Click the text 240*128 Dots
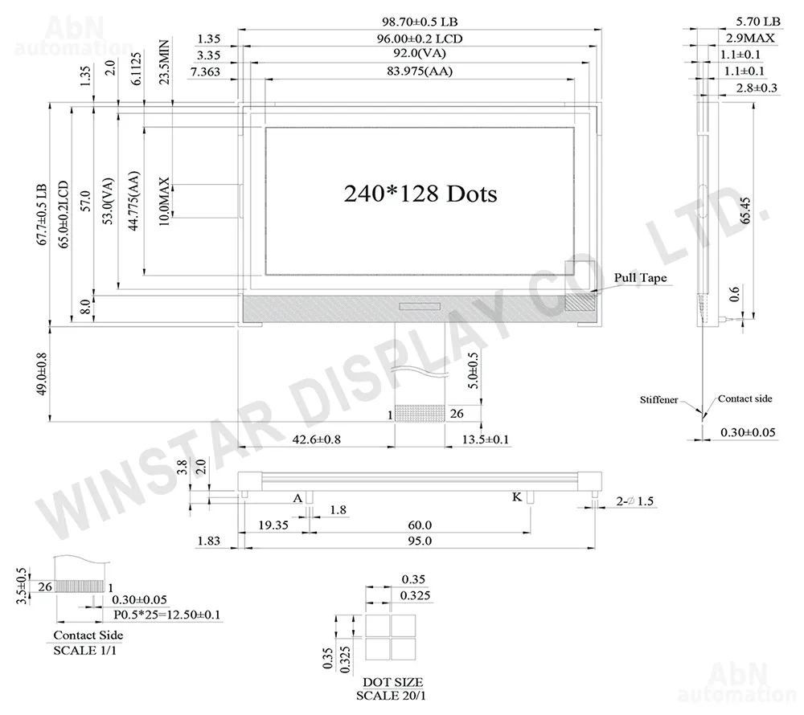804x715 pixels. pos(420,194)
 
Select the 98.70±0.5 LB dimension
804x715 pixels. pos(420,22)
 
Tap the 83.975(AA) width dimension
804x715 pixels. pos(420,71)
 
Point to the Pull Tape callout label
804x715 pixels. pos(641,278)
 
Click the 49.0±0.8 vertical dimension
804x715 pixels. pos(42,374)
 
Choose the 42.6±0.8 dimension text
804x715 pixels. pos(316,439)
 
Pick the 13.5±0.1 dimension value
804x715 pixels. pos(485,439)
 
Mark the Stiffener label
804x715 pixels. pos(658,399)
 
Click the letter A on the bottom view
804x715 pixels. pos(297,498)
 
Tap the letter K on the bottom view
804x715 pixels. pos(517,496)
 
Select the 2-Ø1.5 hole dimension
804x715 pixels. pos(635,501)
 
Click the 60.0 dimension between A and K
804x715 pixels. pos(420,525)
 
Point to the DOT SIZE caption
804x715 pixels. pos(392,682)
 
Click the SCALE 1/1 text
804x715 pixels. pos(84,650)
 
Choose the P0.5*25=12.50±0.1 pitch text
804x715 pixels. pos(166,614)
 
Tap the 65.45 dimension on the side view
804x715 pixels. pos(745,210)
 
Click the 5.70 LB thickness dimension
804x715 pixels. pos(758,21)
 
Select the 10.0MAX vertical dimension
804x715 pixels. pos(163,202)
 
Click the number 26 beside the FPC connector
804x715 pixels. pos(457,413)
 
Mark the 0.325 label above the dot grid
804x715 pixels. pos(415,595)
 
